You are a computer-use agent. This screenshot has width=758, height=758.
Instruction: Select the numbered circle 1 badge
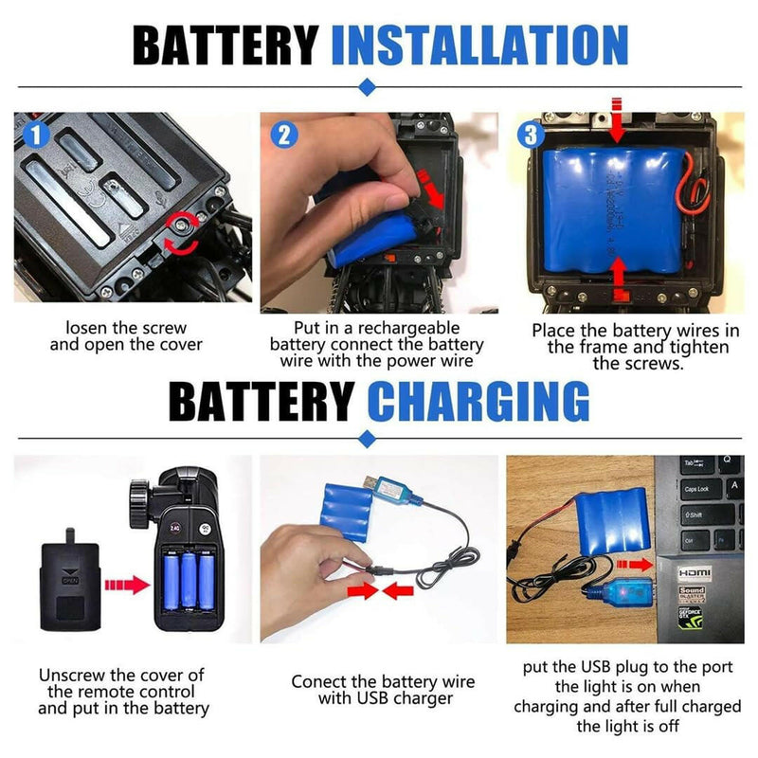point(36,135)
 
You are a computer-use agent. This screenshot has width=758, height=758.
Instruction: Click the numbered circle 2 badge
point(283,135)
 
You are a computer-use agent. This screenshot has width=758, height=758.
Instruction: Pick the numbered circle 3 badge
point(531,135)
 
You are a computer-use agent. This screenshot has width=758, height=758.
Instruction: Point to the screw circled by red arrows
point(182,224)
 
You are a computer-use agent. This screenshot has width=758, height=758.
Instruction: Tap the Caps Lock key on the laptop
point(701,489)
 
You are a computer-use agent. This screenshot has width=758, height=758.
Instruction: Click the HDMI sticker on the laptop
point(695,573)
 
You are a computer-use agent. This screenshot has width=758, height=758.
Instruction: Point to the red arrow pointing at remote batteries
point(127,585)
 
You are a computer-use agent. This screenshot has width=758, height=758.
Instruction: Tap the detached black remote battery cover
point(70,580)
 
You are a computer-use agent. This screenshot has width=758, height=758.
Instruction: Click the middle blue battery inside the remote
point(189,580)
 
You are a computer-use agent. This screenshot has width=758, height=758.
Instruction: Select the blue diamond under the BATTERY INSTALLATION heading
point(368,87)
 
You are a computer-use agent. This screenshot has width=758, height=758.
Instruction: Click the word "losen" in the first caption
point(85,328)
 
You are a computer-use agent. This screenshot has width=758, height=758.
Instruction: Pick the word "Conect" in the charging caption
point(318,681)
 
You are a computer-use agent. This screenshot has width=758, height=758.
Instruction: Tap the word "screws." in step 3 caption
point(638,364)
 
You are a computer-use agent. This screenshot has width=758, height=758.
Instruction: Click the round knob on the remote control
point(139,504)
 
